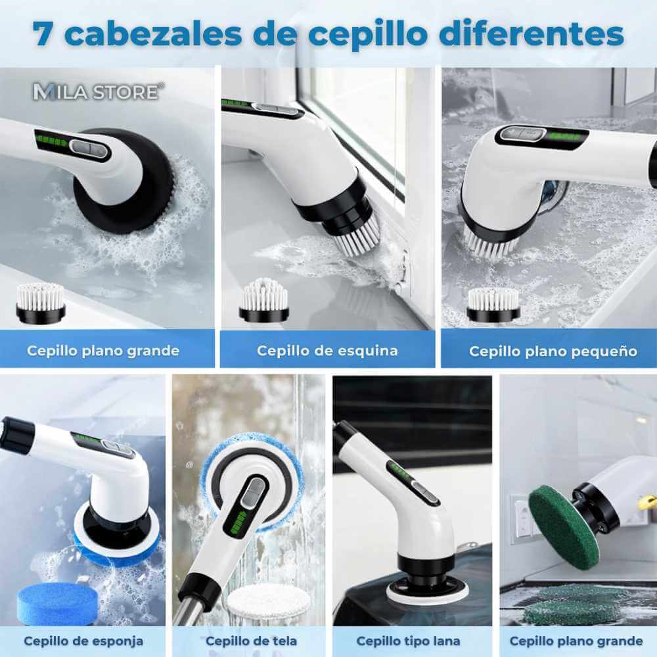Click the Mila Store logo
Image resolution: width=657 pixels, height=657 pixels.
tap(96, 91)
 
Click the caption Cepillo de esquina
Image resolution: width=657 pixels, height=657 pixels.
tap(327, 350)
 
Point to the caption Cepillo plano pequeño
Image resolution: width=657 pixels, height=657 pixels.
tap(553, 351)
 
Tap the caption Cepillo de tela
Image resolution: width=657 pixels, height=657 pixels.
tap(251, 641)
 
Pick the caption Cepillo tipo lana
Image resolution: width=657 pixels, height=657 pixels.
tap(408, 641)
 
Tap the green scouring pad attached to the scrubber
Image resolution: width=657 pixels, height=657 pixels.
tap(562, 525)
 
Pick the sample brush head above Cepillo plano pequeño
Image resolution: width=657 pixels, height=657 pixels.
tap(493, 304)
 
